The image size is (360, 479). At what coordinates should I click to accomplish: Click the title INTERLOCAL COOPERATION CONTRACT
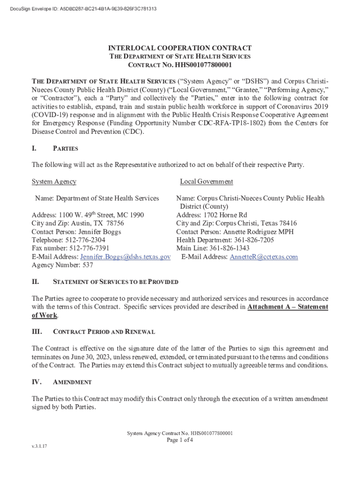180,48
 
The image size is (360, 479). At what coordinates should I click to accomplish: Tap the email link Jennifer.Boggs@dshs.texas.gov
125,257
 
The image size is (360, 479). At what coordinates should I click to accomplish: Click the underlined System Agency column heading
54,181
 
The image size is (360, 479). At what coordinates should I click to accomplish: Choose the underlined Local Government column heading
206,181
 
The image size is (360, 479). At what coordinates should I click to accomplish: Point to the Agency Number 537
87,265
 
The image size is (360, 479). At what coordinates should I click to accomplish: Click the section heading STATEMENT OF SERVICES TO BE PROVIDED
116,282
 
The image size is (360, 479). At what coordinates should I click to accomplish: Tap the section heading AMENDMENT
72,382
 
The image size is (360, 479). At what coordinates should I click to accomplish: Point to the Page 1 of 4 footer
180,440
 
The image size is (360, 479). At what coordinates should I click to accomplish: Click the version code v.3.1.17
39,446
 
